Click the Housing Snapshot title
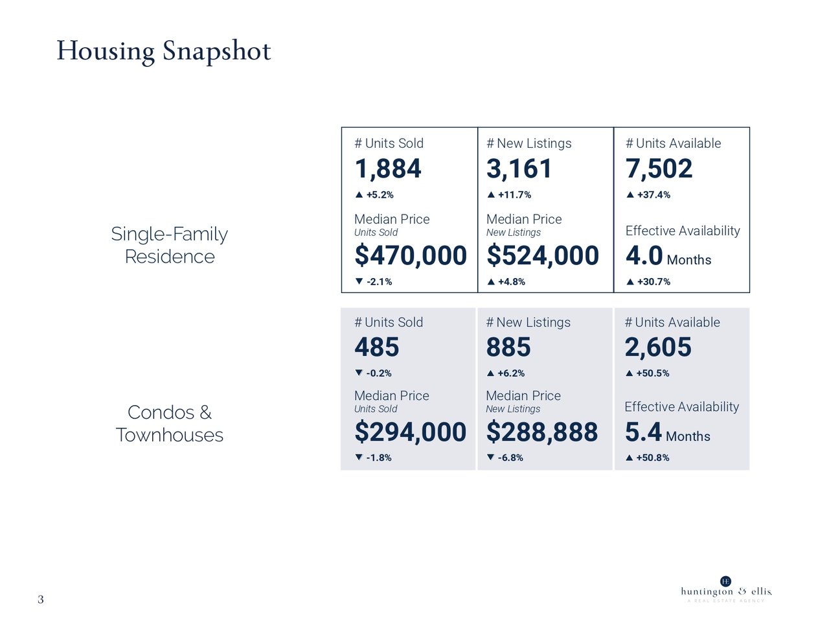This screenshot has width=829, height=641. (x=163, y=51)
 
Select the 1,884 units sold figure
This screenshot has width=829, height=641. (x=387, y=169)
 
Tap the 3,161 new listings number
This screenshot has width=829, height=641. (x=519, y=169)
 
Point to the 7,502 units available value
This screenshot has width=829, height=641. (x=659, y=169)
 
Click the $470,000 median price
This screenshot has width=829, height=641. (x=410, y=256)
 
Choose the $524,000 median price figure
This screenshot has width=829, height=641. (x=542, y=256)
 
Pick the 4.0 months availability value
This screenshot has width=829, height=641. (x=644, y=256)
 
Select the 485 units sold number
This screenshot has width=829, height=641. (x=376, y=348)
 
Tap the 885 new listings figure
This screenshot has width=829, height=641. (x=508, y=348)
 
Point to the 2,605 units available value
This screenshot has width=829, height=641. (x=657, y=348)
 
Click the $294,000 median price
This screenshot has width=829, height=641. (x=410, y=432)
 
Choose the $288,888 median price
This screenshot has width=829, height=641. (x=541, y=432)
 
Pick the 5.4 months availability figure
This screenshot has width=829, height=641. (x=643, y=432)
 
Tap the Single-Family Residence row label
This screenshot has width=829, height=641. (x=169, y=245)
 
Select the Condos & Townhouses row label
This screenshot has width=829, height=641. (x=169, y=423)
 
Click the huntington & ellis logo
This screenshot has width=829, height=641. (x=725, y=589)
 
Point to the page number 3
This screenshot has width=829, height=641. (x=41, y=600)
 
